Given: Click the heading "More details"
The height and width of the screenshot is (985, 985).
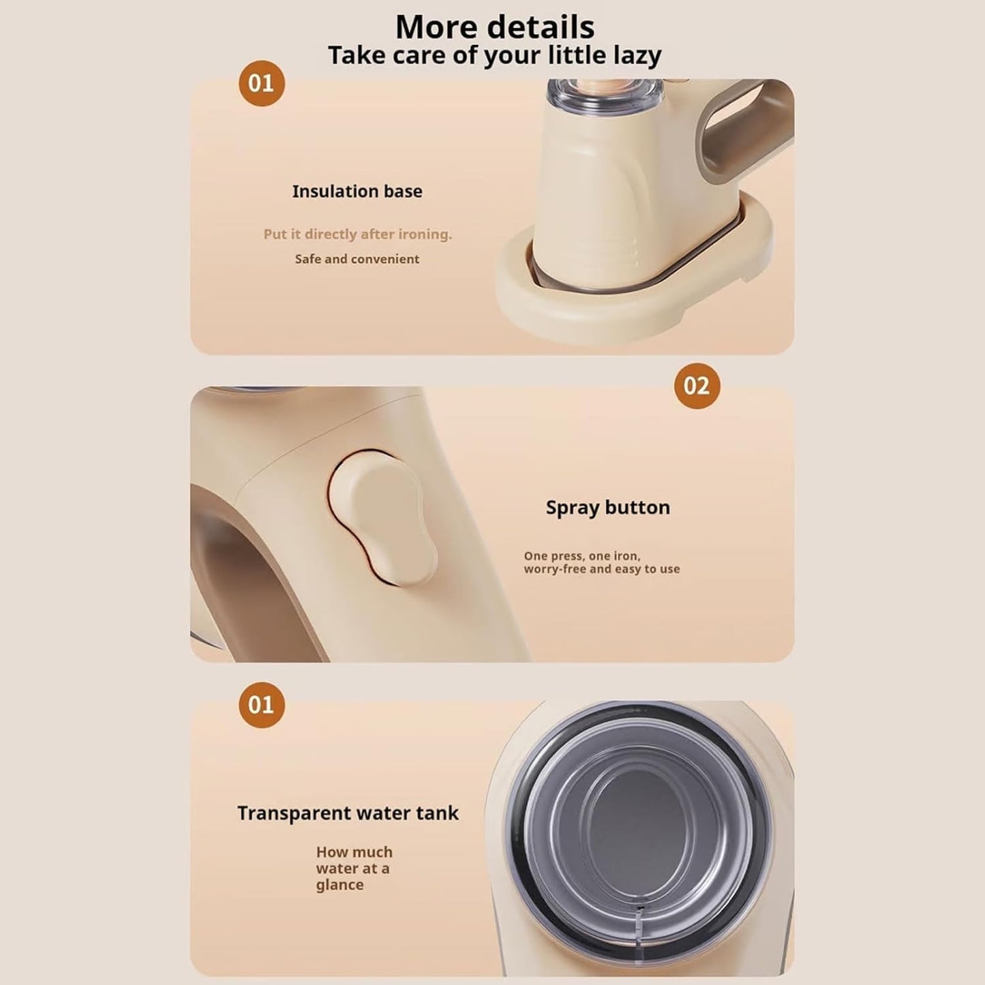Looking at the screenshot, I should (x=494, y=27).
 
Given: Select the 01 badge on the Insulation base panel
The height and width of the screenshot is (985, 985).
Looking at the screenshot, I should (x=261, y=84).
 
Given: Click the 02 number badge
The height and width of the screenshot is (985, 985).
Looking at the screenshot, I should (x=697, y=387).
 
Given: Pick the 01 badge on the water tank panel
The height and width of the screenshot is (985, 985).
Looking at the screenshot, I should (x=261, y=705).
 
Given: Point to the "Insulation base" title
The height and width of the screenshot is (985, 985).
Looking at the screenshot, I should (x=357, y=192).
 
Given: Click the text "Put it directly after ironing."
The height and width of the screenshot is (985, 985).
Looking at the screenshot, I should (x=357, y=234).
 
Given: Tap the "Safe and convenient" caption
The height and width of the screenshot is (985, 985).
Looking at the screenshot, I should (x=357, y=259).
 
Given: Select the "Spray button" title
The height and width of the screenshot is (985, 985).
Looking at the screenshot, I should (x=607, y=508).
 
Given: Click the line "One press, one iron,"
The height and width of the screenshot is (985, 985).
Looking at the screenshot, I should (x=582, y=556).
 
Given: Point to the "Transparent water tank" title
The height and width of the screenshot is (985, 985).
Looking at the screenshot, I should (x=348, y=813).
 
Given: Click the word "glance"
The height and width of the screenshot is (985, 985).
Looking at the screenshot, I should (x=339, y=885).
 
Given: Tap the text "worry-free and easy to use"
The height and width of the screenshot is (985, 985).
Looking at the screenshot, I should (x=601, y=569).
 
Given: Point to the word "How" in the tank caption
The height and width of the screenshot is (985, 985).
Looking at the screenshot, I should (x=331, y=852).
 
